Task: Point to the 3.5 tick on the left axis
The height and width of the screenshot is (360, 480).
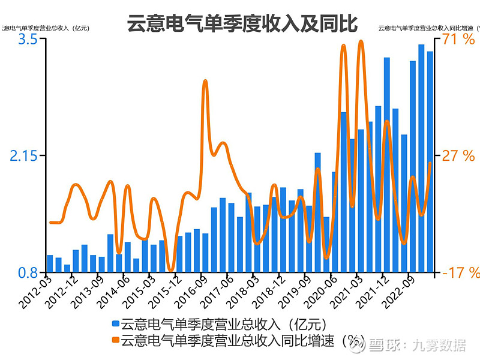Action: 28,40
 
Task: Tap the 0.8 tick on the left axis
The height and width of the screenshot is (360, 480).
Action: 28,273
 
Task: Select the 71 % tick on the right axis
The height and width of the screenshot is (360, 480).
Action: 458,40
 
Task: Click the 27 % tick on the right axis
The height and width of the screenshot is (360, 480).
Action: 458,156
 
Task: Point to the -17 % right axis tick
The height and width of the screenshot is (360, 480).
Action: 461,273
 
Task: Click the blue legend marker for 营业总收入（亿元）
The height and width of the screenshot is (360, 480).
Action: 116,325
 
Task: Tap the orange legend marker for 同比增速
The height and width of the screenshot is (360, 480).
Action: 116,341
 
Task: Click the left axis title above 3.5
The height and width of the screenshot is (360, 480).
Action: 45,28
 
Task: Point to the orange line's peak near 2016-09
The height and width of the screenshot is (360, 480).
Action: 205,80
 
